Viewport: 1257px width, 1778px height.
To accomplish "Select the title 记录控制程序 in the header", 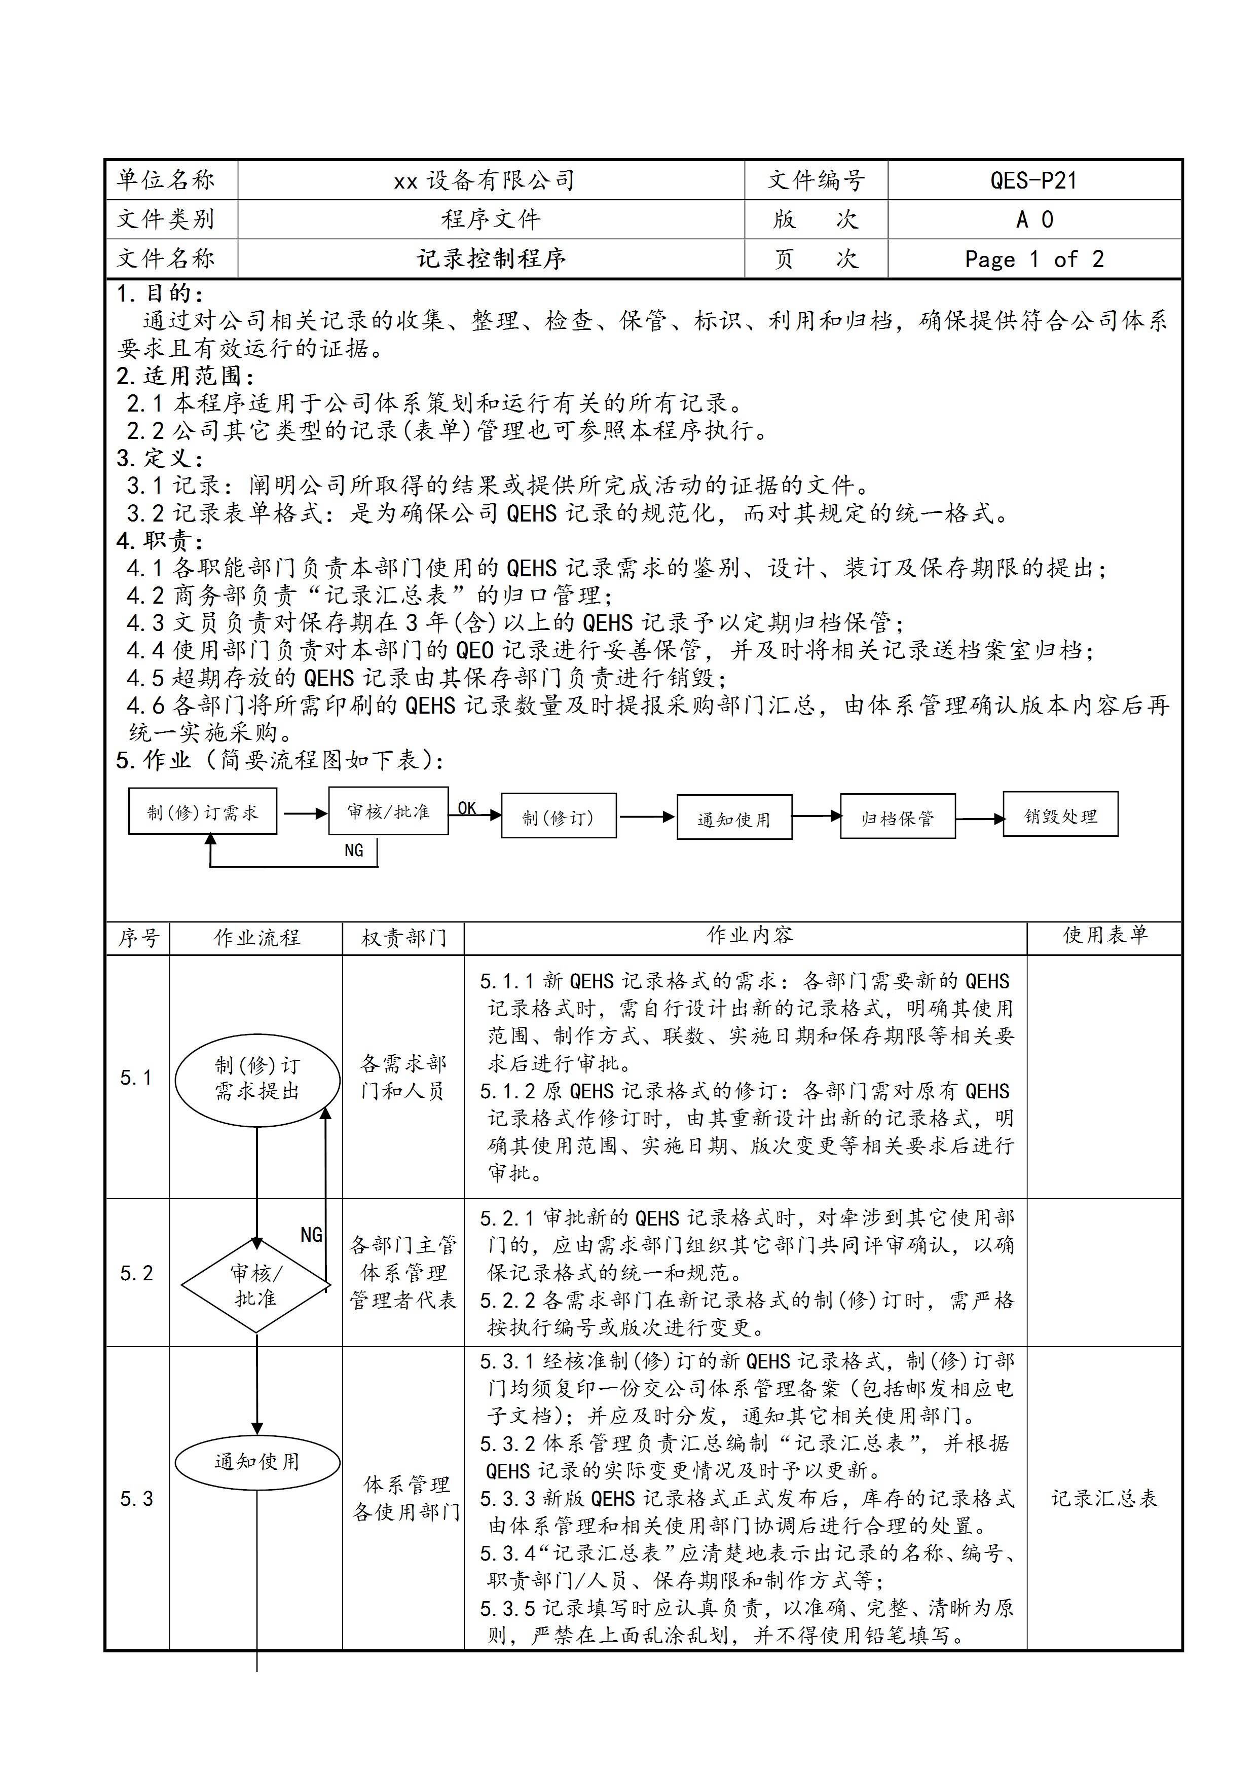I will click(491, 258).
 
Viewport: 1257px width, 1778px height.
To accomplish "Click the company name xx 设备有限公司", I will click(484, 180).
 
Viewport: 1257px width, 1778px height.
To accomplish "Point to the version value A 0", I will click(1034, 220).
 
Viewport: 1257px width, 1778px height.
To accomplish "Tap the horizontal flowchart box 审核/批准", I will click(388, 811).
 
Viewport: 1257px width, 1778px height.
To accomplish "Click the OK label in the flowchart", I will click(467, 808).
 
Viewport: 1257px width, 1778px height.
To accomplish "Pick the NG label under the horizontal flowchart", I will click(354, 850).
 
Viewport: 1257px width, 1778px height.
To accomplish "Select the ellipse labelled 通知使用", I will click(257, 1462).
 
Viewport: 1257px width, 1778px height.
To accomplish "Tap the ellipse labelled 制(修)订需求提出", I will click(257, 1079).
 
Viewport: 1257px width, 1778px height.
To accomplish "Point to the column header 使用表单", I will click(1103, 936).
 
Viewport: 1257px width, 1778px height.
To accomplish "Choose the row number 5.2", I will click(136, 1274).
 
